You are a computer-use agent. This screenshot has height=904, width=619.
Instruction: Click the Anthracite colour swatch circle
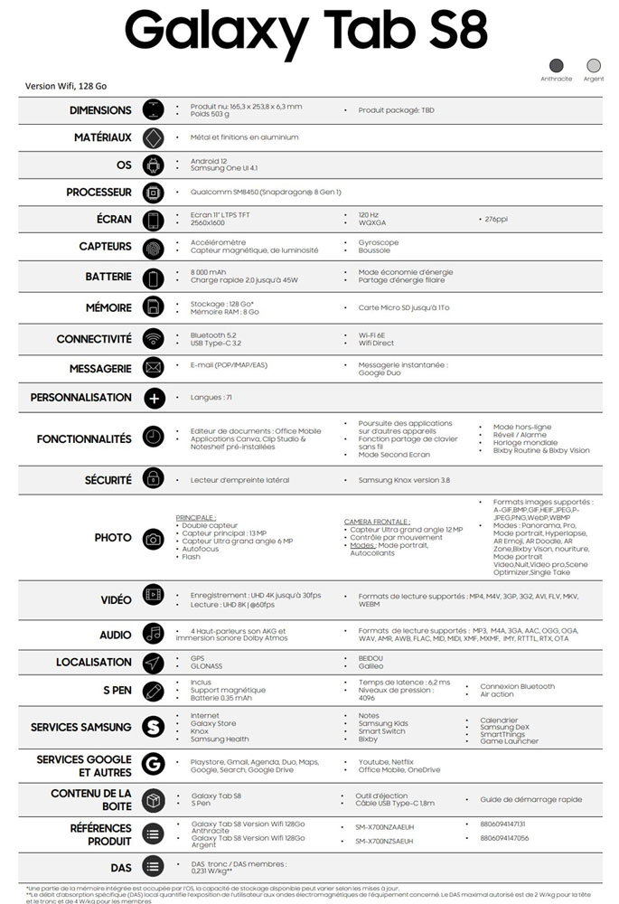click(557, 65)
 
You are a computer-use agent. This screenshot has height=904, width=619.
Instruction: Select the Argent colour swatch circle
click(594, 65)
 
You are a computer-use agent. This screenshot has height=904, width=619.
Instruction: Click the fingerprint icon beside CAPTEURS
click(153, 246)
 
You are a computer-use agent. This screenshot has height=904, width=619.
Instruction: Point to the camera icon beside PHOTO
click(153, 539)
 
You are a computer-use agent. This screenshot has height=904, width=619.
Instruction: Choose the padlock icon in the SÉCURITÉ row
click(153, 479)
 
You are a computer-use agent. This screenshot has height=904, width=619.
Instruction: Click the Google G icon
click(153, 765)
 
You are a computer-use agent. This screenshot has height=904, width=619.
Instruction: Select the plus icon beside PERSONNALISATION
click(153, 398)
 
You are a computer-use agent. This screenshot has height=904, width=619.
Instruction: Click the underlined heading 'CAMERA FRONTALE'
click(377, 522)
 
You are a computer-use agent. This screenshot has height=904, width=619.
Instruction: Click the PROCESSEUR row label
click(98, 193)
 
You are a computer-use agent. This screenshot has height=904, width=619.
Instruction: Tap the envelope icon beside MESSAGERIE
click(153, 368)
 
